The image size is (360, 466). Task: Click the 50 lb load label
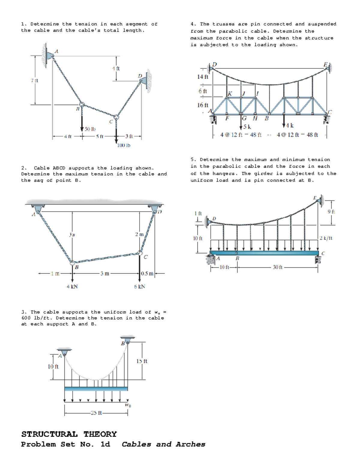90,129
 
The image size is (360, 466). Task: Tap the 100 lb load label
124,145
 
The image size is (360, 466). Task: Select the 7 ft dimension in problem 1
34,80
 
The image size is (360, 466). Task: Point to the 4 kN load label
72,287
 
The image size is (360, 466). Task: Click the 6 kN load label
139,287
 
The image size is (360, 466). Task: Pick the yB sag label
72,234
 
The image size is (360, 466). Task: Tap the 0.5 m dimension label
147,273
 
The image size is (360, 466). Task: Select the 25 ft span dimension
96,413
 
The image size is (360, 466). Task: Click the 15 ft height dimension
142,361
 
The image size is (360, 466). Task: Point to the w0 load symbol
128,405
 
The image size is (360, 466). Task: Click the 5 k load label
247,127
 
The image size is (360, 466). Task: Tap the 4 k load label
290,125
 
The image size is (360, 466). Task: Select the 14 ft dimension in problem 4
202,77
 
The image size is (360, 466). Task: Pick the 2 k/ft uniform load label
326,238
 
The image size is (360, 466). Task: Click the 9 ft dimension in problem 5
331,212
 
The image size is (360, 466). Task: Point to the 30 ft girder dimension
277,267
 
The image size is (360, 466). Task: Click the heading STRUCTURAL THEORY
69,434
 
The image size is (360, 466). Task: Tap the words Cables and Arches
163,444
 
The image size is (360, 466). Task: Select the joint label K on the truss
230,94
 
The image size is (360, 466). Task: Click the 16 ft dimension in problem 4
202,105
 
